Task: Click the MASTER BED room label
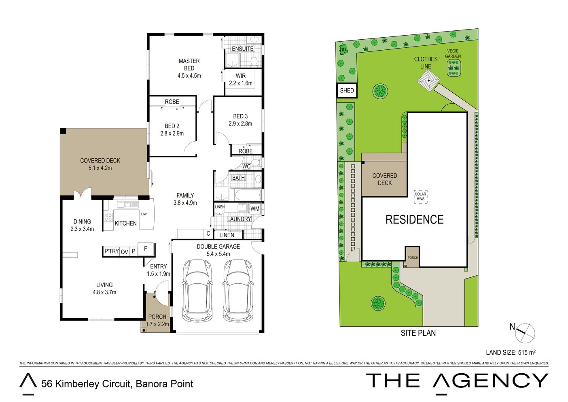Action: pos(189,64)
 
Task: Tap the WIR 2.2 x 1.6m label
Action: pos(241,79)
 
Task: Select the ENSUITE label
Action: pos(243,49)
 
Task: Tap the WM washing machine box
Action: pos(255,208)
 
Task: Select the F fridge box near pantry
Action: pos(146,249)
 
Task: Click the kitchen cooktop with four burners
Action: pos(108,218)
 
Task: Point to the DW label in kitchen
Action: pos(144,214)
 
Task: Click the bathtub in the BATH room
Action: pos(248,195)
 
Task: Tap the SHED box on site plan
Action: pos(347,90)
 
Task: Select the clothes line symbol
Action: pos(428,81)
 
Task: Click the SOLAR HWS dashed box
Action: pos(421,196)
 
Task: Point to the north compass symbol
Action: pos(526,333)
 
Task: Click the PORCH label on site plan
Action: pos(413,257)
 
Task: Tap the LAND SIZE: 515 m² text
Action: pos(511,352)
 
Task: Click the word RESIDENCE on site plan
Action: pos(415,219)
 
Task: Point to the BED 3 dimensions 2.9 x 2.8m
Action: pos(240,123)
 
